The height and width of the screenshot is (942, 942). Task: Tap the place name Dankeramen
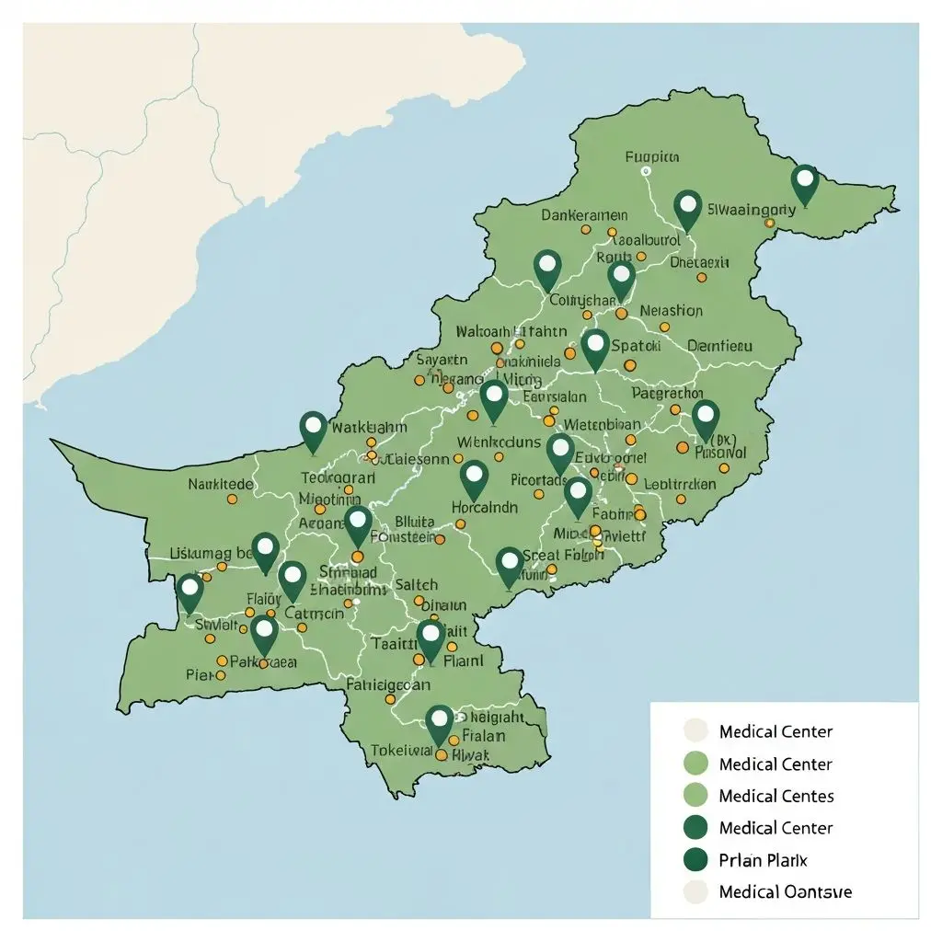coord(583,215)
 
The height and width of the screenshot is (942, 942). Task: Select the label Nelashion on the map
coord(671,311)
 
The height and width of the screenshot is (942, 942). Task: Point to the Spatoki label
coord(637,347)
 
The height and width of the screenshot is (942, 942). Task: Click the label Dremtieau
coord(719,346)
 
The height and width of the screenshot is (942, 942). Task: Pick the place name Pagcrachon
coord(667,394)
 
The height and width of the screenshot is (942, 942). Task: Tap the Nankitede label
coord(220,483)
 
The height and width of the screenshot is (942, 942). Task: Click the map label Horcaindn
coord(485,507)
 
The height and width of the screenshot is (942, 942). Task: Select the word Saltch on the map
coord(416,584)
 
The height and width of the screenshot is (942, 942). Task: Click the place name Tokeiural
coord(401,750)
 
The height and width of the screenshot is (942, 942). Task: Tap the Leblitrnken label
coord(681,484)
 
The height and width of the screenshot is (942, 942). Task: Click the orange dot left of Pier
coord(221,674)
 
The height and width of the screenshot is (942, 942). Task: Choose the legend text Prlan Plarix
coord(763,859)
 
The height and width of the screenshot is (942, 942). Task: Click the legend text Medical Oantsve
coord(785,891)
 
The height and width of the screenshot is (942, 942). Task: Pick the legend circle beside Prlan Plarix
coord(697,859)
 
